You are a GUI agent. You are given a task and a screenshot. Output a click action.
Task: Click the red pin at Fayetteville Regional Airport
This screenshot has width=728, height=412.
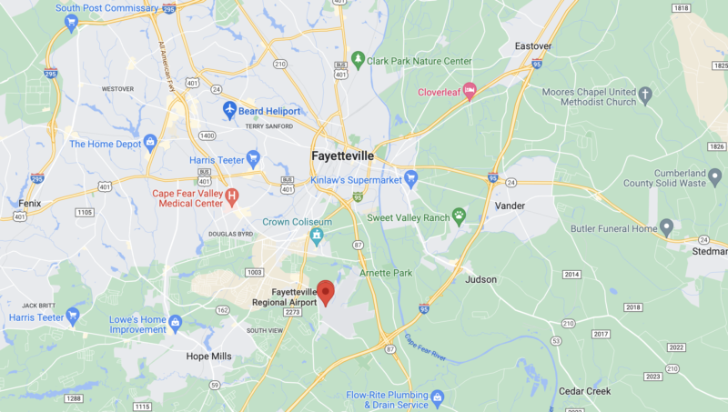tap(326, 293)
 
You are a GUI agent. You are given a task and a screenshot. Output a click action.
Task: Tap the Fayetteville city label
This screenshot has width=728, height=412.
tap(342, 156)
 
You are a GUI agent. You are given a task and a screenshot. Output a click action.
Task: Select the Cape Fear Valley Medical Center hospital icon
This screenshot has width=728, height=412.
tap(232, 196)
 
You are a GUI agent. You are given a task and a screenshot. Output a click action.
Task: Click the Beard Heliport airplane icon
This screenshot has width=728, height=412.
tap(230, 110)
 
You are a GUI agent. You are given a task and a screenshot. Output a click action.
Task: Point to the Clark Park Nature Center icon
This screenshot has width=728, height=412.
tap(359, 61)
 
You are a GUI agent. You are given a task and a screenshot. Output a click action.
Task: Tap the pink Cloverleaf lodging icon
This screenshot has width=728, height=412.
tap(470, 91)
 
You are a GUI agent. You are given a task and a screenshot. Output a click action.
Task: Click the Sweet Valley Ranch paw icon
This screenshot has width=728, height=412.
tap(460, 216)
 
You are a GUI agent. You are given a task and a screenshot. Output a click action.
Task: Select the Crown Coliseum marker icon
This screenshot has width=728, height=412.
tap(317, 237)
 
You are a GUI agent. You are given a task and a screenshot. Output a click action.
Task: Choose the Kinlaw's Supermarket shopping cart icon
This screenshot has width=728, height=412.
tap(411, 178)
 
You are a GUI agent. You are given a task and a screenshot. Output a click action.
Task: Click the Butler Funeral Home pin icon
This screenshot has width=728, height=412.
tap(667, 227)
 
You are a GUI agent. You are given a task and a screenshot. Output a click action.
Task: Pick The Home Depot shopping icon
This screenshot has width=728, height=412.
tap(151, 143)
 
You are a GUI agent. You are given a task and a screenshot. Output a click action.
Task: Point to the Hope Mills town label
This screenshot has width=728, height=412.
tap(208, 357)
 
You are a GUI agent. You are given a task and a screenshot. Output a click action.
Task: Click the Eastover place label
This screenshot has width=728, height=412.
tap(533, 45)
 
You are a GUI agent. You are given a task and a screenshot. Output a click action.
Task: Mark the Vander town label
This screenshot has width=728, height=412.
tap(510, 206)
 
